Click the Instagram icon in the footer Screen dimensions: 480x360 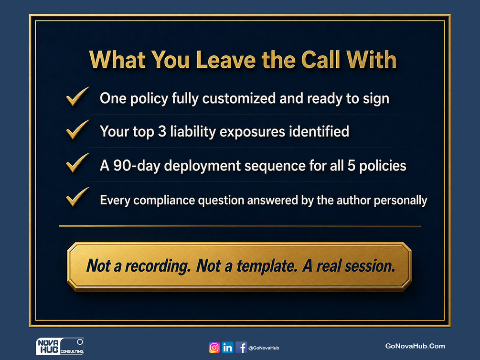[214, 348]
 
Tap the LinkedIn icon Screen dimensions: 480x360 [227, 348]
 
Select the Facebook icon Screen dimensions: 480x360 [241, 348]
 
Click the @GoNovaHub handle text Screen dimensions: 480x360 [264, 348]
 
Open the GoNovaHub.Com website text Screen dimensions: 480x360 [415, 346]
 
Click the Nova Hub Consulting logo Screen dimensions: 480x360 [60, 346]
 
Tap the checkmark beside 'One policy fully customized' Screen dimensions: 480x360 [78, 96]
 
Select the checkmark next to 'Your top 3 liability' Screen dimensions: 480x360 [78, 129]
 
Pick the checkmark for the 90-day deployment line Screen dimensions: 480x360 [78, 162]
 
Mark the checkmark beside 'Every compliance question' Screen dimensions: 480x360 [78, 197]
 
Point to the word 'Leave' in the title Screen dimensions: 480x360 [226, 60]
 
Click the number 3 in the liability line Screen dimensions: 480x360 [162, 131]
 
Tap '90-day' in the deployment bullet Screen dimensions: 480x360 [137, 166]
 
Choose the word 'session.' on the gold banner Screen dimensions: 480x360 [370, 266]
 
